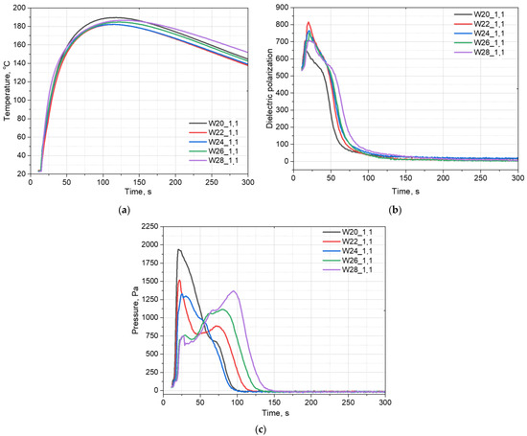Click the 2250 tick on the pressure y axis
(148, 226)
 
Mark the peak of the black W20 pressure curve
(178, 249)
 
